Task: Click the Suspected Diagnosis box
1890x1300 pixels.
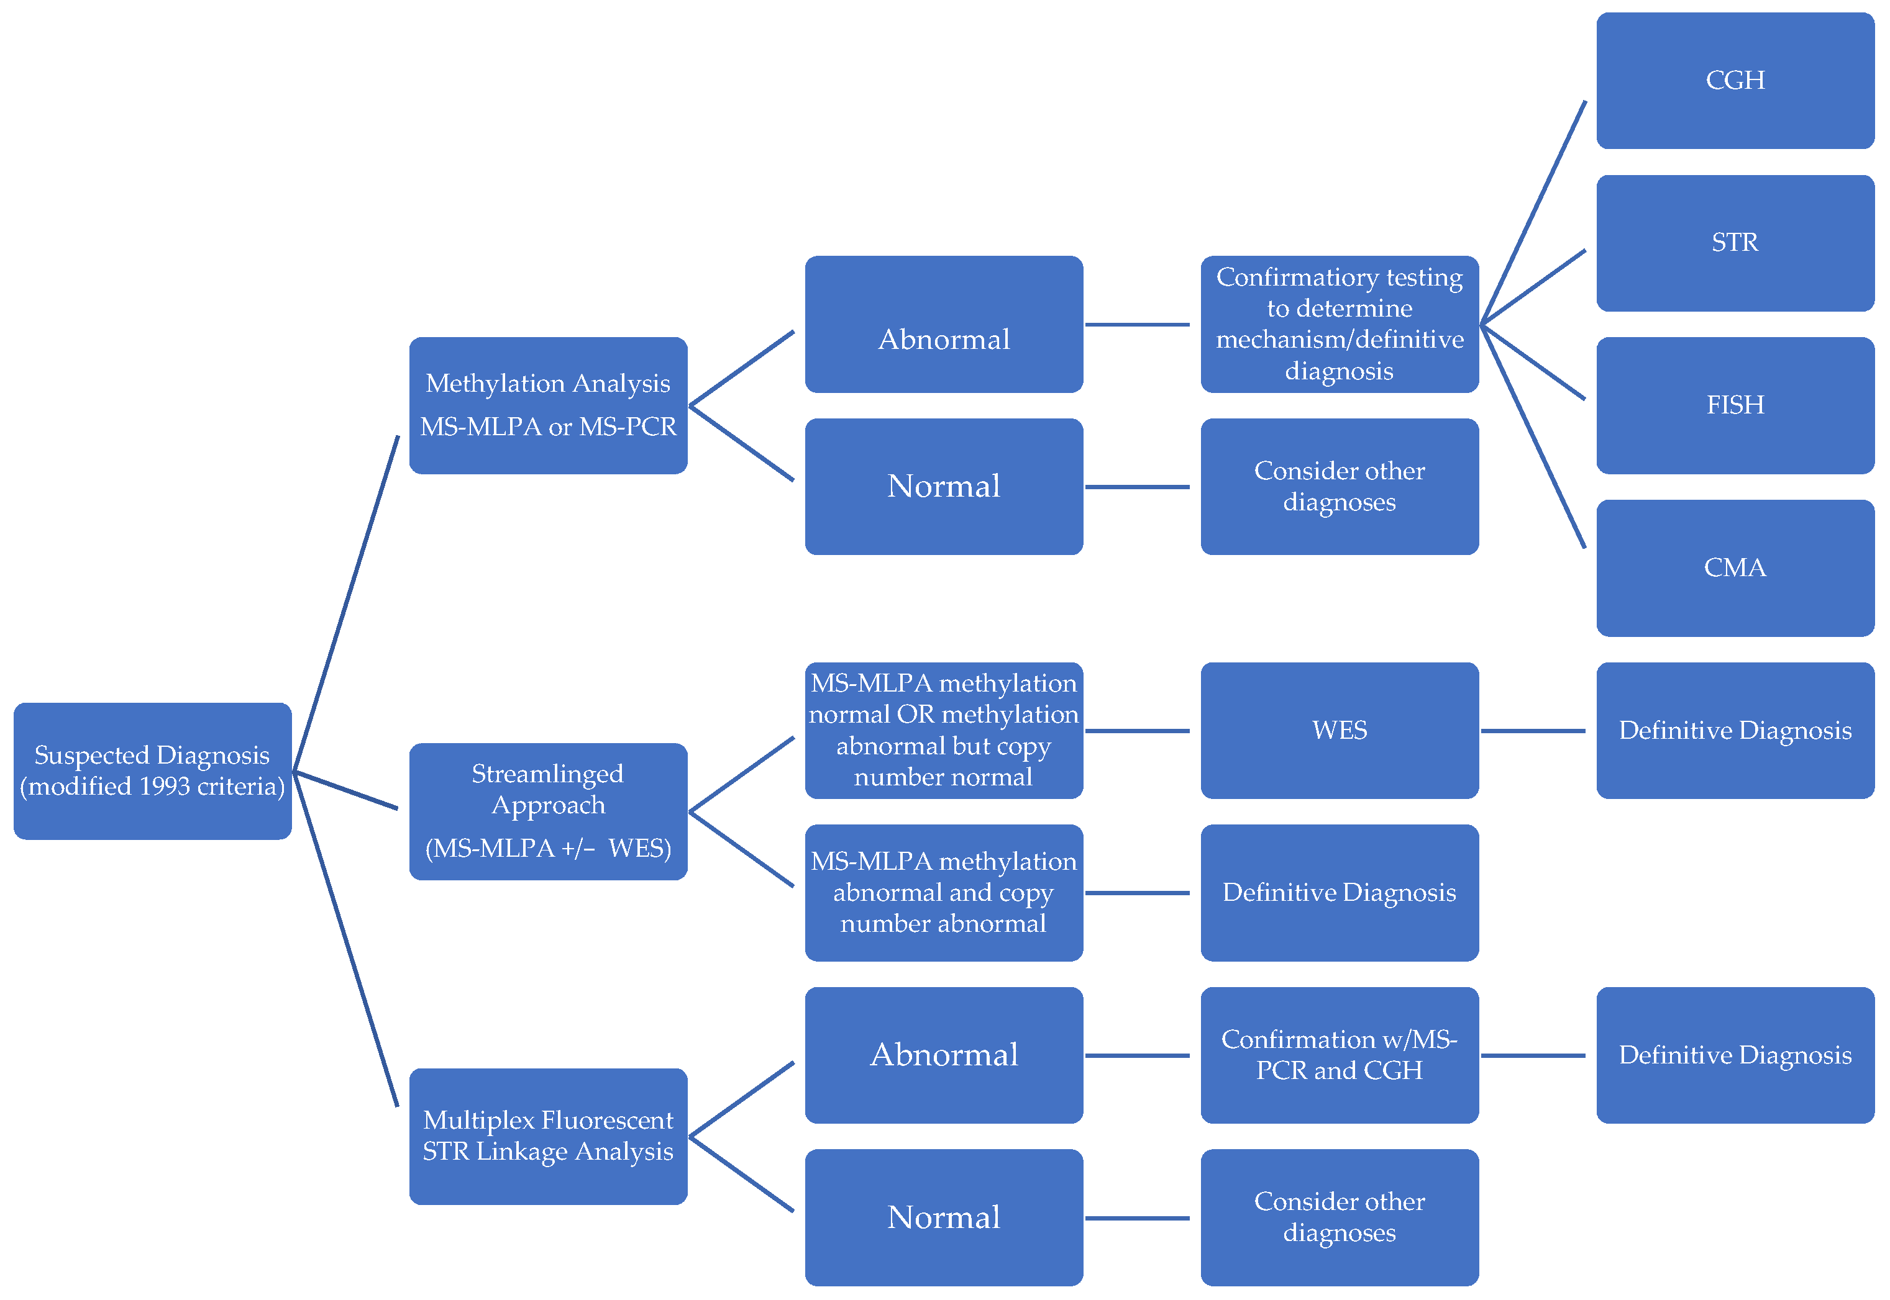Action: [152, 770]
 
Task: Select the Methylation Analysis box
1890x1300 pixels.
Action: [548, 405]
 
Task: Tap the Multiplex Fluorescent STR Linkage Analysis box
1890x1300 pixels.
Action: [548, 1135]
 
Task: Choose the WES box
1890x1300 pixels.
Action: [1338, 730]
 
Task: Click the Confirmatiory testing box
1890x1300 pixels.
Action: [1338, 324]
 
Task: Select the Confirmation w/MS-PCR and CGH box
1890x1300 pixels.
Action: [1338, 1054]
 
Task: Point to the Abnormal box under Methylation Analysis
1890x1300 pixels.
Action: [943, 324]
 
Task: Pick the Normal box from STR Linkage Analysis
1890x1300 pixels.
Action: [943, 1217]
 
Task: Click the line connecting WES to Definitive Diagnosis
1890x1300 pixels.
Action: [1532, 731]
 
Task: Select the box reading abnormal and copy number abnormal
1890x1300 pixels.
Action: [943, 892]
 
